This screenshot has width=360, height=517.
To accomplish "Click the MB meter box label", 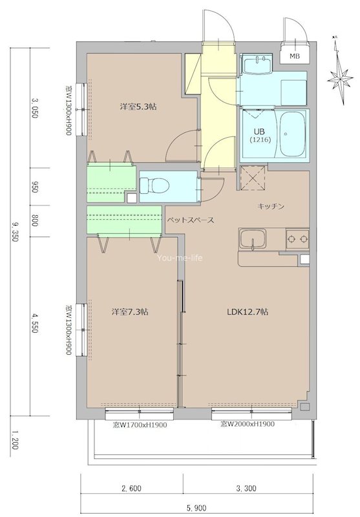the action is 295,56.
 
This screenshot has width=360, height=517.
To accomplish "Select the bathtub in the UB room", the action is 293,134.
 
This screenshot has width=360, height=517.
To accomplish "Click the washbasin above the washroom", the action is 257,64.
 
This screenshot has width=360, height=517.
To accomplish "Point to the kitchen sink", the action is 253,238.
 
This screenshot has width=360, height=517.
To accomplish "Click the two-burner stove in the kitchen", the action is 297,238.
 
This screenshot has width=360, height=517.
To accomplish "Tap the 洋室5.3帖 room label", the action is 138,107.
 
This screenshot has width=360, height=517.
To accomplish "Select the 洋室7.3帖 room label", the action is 129,311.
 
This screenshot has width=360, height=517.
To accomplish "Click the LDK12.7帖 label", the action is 248,311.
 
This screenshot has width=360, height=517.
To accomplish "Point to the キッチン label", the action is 271,206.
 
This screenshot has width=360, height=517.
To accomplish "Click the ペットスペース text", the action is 191,220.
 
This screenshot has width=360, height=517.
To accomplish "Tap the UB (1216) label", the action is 260,136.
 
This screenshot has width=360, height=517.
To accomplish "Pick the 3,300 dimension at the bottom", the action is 246,488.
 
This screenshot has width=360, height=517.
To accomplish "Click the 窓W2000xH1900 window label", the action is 248,424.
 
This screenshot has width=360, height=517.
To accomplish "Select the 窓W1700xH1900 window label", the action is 140,425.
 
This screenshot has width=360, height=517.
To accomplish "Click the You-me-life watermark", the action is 180,258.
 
